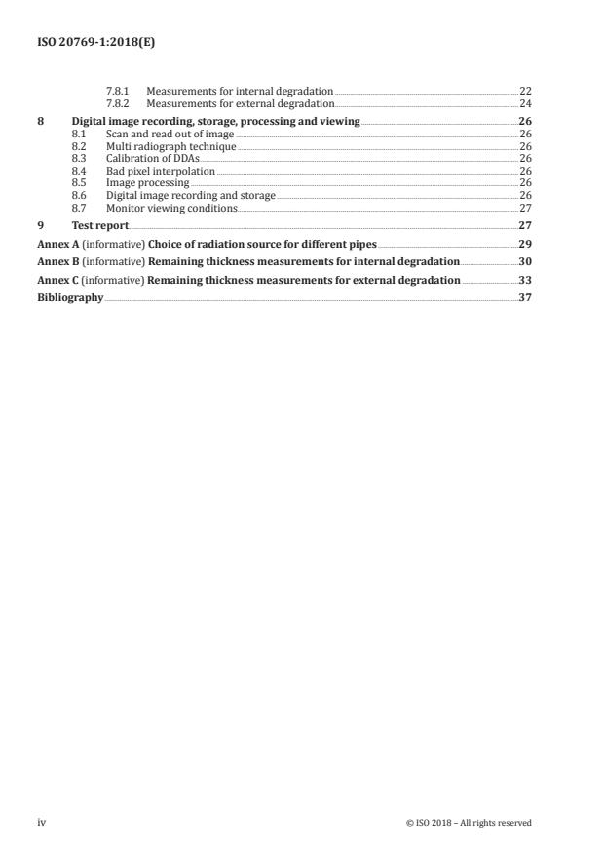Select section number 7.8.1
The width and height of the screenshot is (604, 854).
pos(120,91)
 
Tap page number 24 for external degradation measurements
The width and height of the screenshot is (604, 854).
pos(525,102)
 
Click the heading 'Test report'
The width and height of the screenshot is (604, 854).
pos(99,225)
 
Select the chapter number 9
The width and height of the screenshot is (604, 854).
pos(41,225)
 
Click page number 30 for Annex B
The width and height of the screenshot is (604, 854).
pos(524,261)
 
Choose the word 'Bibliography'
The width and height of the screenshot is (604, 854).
pos(70,298)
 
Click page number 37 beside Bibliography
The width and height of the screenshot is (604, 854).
pos(524,298)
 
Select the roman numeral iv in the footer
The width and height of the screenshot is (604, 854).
pos(41,822)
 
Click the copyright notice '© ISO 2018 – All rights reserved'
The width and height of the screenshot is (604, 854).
pos(469,823)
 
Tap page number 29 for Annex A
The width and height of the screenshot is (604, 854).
pos(524,243)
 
